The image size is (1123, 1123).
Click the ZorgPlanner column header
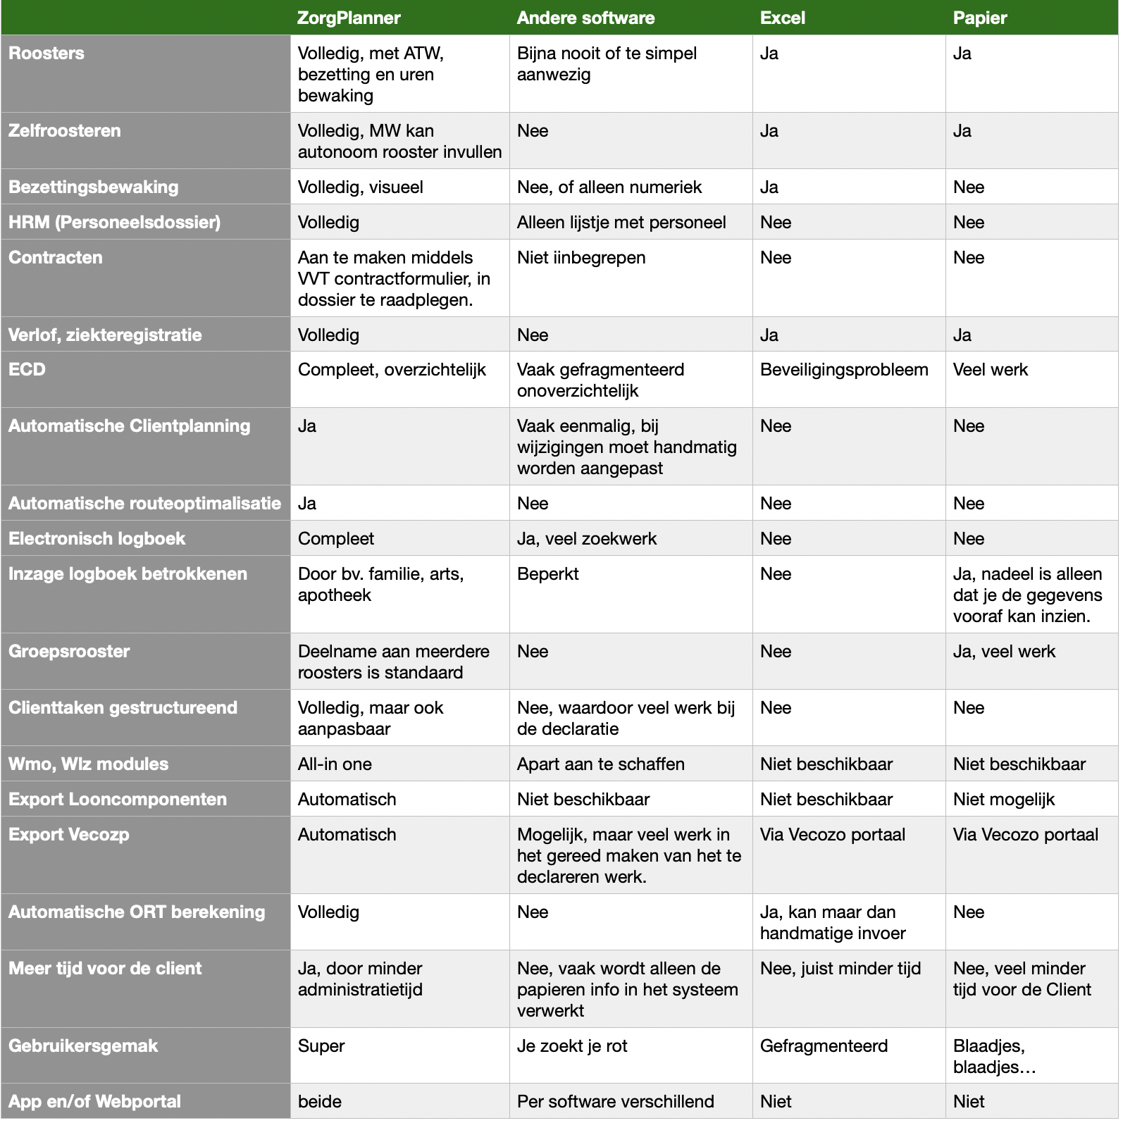click(349, 18)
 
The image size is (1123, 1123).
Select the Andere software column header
click(585, 18)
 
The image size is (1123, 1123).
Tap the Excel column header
click(782, 18)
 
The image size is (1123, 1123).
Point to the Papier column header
click(980, 18)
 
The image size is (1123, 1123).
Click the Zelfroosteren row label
click(65, 131)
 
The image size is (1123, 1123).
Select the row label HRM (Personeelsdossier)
click(114, 223)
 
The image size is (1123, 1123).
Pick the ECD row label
click(27, 370)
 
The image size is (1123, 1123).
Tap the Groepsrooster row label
click(69, 652)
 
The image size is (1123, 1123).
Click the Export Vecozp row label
click(69, 835)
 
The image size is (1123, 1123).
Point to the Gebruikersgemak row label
click(83, 1046)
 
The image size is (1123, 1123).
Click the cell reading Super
click(321, 1046)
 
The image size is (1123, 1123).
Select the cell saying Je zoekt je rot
click(572, 1046)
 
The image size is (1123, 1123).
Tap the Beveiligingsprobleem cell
click(844, 370)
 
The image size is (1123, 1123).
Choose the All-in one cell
click(335, 764)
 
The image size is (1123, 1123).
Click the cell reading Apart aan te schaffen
click(600, 764)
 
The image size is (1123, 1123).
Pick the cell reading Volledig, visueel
click(361, 187)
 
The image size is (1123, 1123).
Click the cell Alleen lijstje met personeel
click(621, 223)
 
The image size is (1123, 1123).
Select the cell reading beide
click(320, 1102)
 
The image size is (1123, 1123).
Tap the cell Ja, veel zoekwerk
click(586, 539)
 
